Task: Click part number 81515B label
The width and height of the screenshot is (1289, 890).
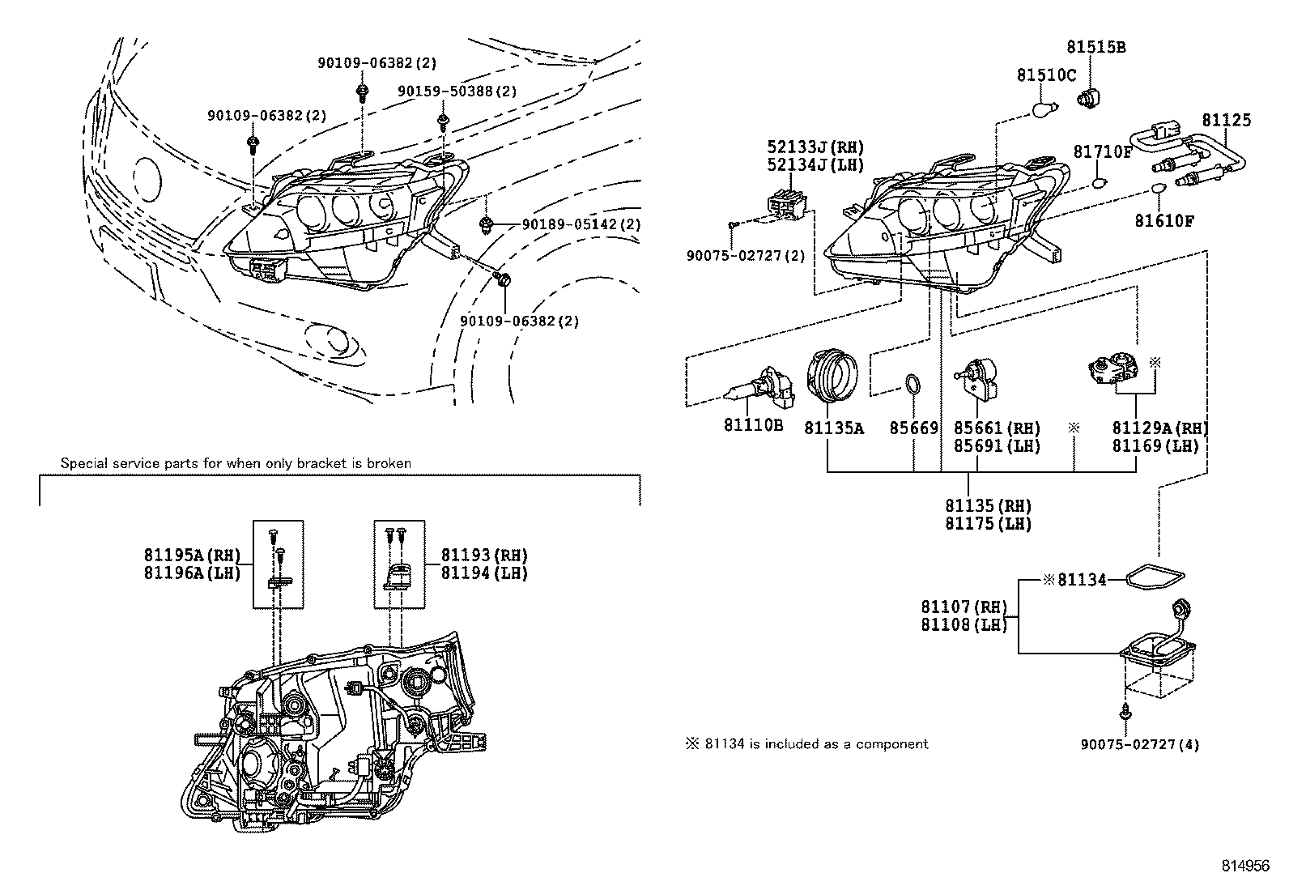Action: tap(1095, 47)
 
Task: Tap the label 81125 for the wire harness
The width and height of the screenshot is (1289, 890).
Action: tap(1226, 120)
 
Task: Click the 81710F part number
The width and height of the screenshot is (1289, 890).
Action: tap(1102, 151)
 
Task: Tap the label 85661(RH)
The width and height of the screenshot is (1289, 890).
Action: tap(996, 428)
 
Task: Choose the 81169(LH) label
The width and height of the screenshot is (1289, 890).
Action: tap(1155, 445)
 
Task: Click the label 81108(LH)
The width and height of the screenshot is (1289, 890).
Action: tap(964, 624)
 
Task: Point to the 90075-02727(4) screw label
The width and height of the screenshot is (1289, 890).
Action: tap(1139, 743)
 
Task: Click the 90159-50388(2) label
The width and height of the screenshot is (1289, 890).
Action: tap(457, 92)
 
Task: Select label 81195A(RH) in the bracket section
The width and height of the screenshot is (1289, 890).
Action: tap(193, 555)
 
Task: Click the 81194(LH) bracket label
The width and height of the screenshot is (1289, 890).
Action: tap(483, 573)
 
